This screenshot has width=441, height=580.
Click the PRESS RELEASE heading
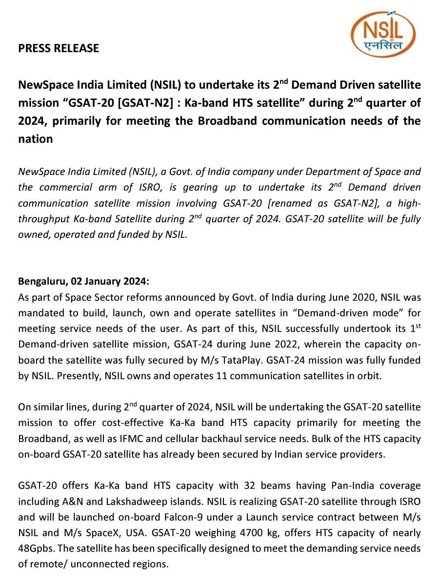pos(59,48)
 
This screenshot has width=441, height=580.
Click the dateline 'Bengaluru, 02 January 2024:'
pos(83,281)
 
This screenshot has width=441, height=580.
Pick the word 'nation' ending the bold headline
pos(36,139)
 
